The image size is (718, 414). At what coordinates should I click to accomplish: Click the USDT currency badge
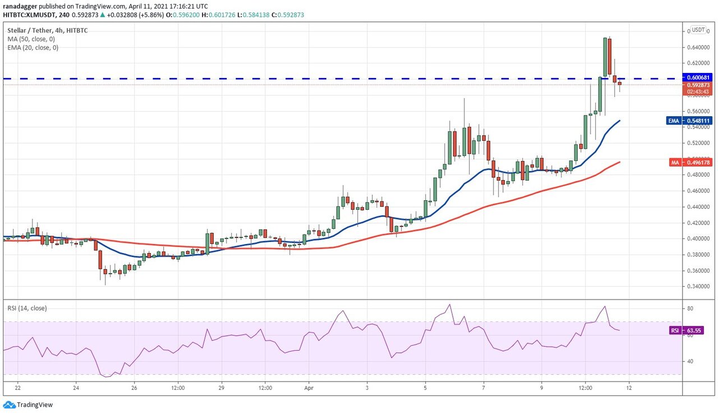pos(698,30)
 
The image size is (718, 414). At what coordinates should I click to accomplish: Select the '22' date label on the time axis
pos(18,388)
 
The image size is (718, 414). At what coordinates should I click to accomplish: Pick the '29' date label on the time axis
pos(221,388)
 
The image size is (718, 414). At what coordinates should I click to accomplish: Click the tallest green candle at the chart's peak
pos(605,56)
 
